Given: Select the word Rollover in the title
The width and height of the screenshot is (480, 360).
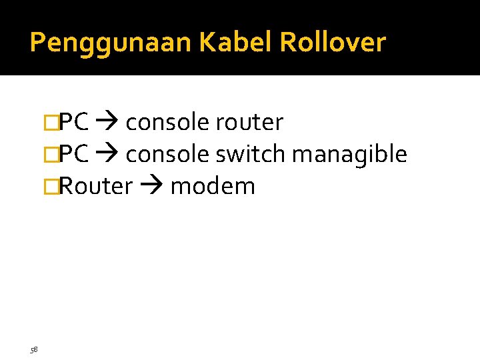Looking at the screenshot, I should tap(333, 43).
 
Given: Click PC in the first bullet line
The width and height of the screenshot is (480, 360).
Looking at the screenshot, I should tap(75, 123).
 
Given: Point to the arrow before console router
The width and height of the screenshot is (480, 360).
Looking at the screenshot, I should tap(107, 123).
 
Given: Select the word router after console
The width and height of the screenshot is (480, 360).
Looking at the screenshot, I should tap(249, 123).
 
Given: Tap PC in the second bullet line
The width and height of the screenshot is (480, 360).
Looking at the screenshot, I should tap(75, 155).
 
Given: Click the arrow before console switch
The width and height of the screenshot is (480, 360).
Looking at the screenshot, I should tap(107, 155).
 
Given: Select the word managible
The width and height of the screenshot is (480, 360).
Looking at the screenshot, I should tap(349, 155).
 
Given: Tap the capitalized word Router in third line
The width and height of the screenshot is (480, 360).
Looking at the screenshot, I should tap(97, 187).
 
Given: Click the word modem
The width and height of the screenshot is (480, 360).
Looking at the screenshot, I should tap(213, 187).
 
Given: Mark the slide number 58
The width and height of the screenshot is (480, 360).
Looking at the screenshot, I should tap(34, 349).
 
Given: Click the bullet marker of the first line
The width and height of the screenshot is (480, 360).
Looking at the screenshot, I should tap(48, 123).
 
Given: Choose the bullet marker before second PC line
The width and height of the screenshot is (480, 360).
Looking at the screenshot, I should tap(48, 155).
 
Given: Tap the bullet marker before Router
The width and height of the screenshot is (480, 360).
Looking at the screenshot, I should tap(48, 187).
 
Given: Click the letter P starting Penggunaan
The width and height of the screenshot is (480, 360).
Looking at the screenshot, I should tap(37, 43).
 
